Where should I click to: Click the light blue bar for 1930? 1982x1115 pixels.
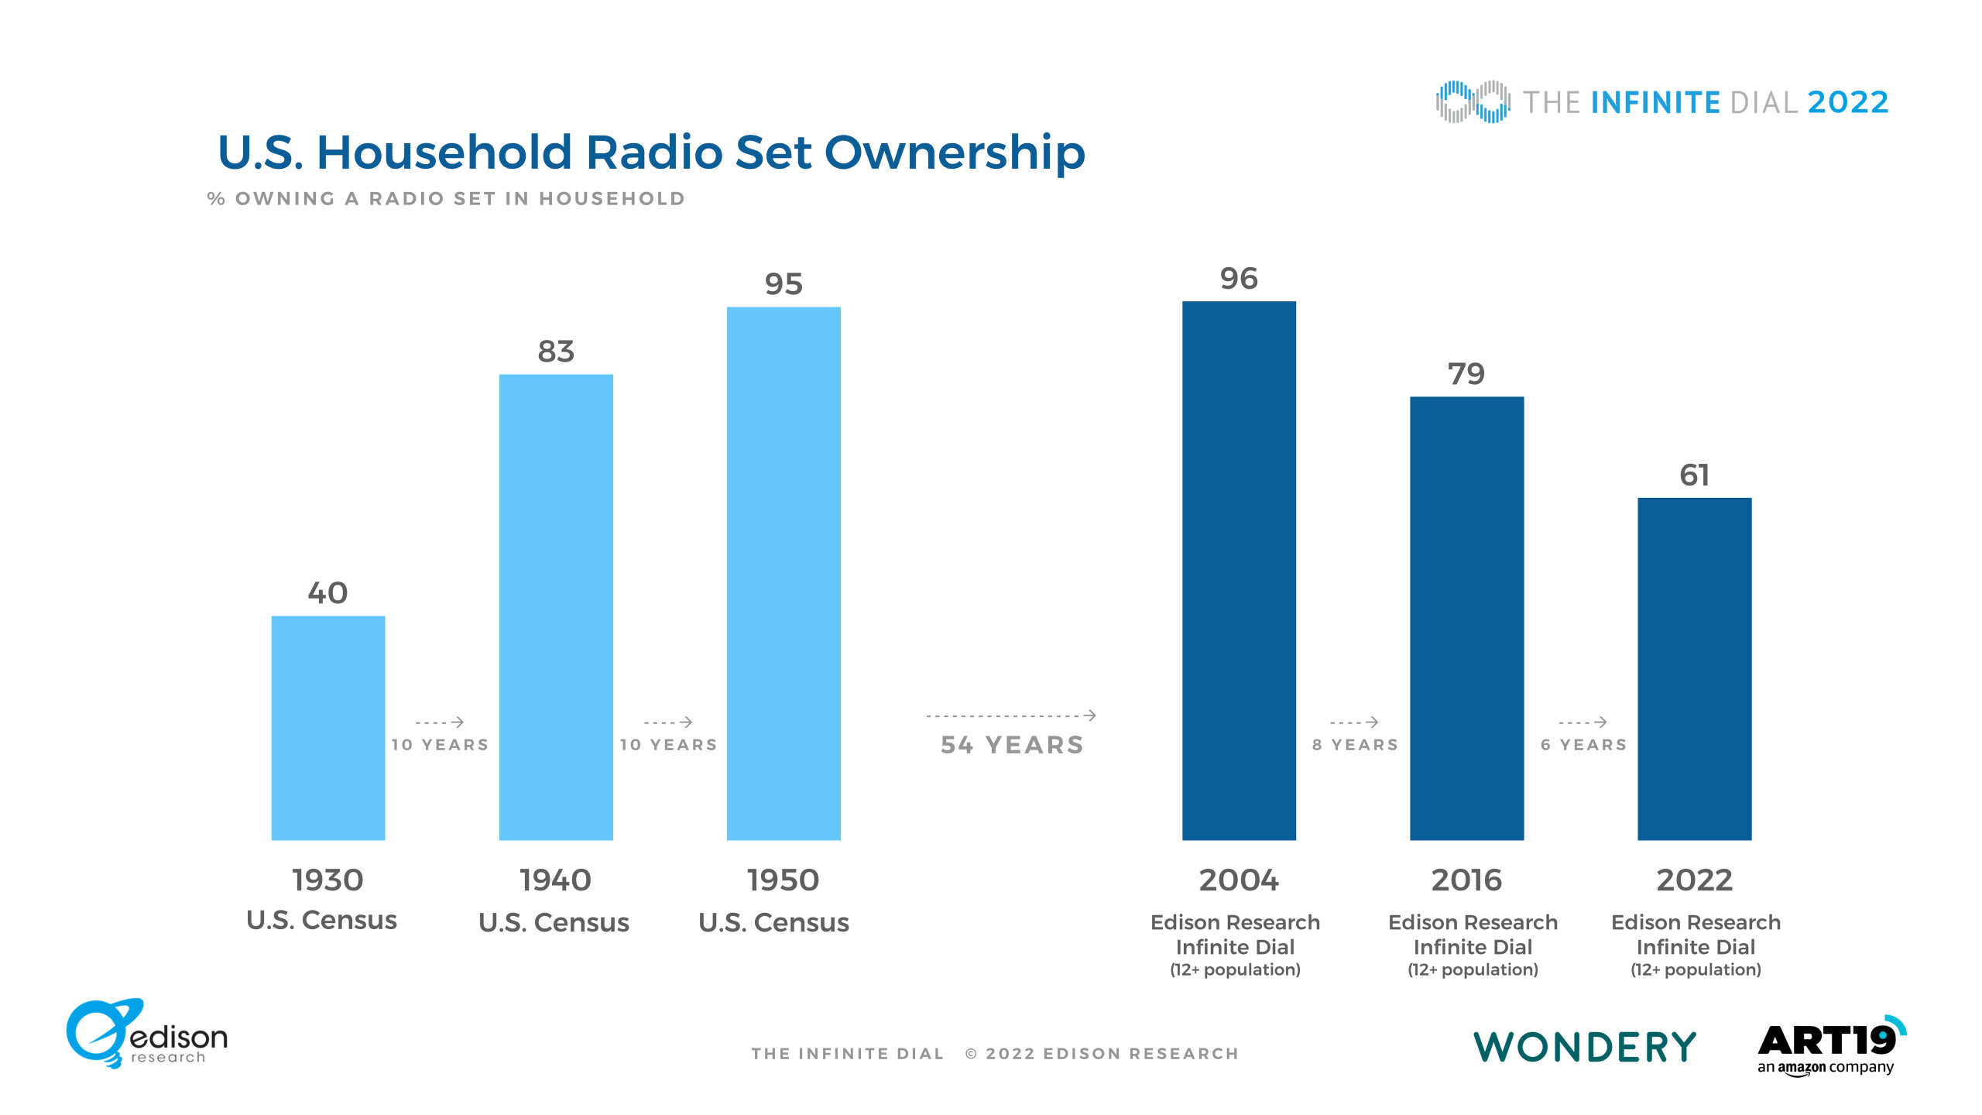point(328,728)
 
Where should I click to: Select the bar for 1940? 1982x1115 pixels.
point(556,607)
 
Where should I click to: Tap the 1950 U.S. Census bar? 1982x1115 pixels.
point(784,574)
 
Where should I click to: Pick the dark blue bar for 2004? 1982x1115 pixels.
point(1239,571)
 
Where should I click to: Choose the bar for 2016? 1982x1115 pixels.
point(1466,619)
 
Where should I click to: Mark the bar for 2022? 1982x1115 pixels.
point(1694,669)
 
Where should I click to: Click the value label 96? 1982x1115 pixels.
point(1239,279)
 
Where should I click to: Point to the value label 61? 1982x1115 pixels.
point(1694,475)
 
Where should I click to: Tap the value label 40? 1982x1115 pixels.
point(327,593)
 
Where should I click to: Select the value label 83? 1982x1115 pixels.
point(556,352)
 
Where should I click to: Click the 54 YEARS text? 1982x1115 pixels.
point(1012,745)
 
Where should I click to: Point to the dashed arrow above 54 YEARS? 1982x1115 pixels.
point(1011,715)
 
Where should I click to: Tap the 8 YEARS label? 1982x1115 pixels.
point(1355,745)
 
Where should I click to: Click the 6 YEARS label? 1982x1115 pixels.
point(1583,745)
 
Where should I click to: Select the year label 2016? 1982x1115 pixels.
point(1466,880)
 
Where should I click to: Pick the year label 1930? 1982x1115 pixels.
point(327,880)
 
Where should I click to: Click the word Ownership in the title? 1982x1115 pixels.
point(955,153)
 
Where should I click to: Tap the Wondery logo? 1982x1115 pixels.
point(1584,1047)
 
